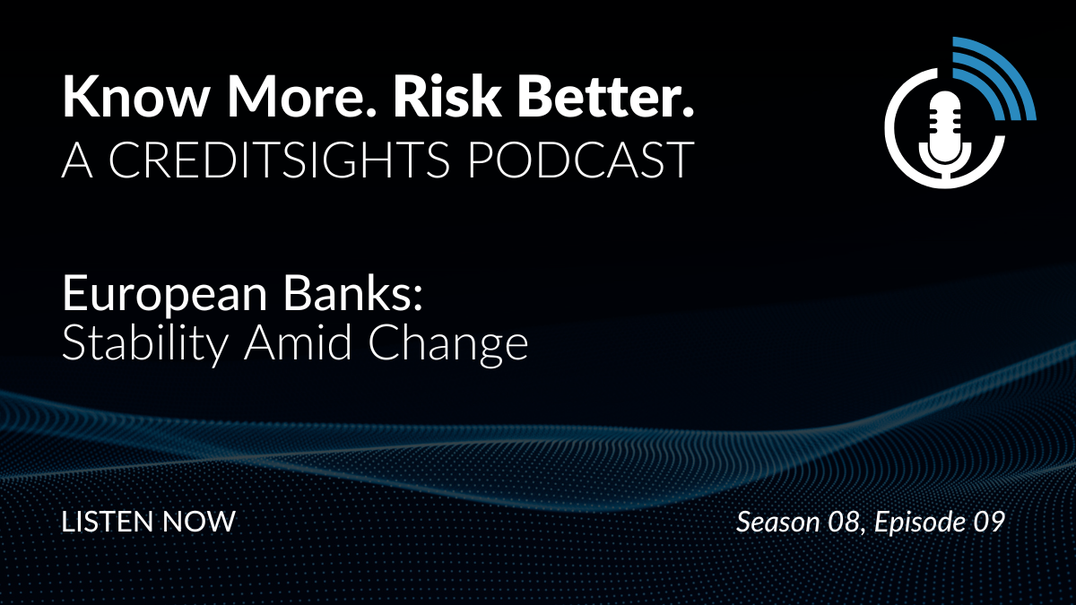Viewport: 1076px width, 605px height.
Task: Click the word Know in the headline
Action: point(134,96)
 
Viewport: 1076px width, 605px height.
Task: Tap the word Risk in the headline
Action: point(447,96)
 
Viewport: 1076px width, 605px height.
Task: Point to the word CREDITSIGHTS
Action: point(279,160)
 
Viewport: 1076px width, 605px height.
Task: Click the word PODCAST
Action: point(581,160)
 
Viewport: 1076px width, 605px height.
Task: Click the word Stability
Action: point(144,345)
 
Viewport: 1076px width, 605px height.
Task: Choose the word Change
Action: point(448,345)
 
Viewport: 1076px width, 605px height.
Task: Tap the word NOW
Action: point(199,522)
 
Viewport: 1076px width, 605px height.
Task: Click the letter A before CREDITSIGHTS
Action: point(77,160)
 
